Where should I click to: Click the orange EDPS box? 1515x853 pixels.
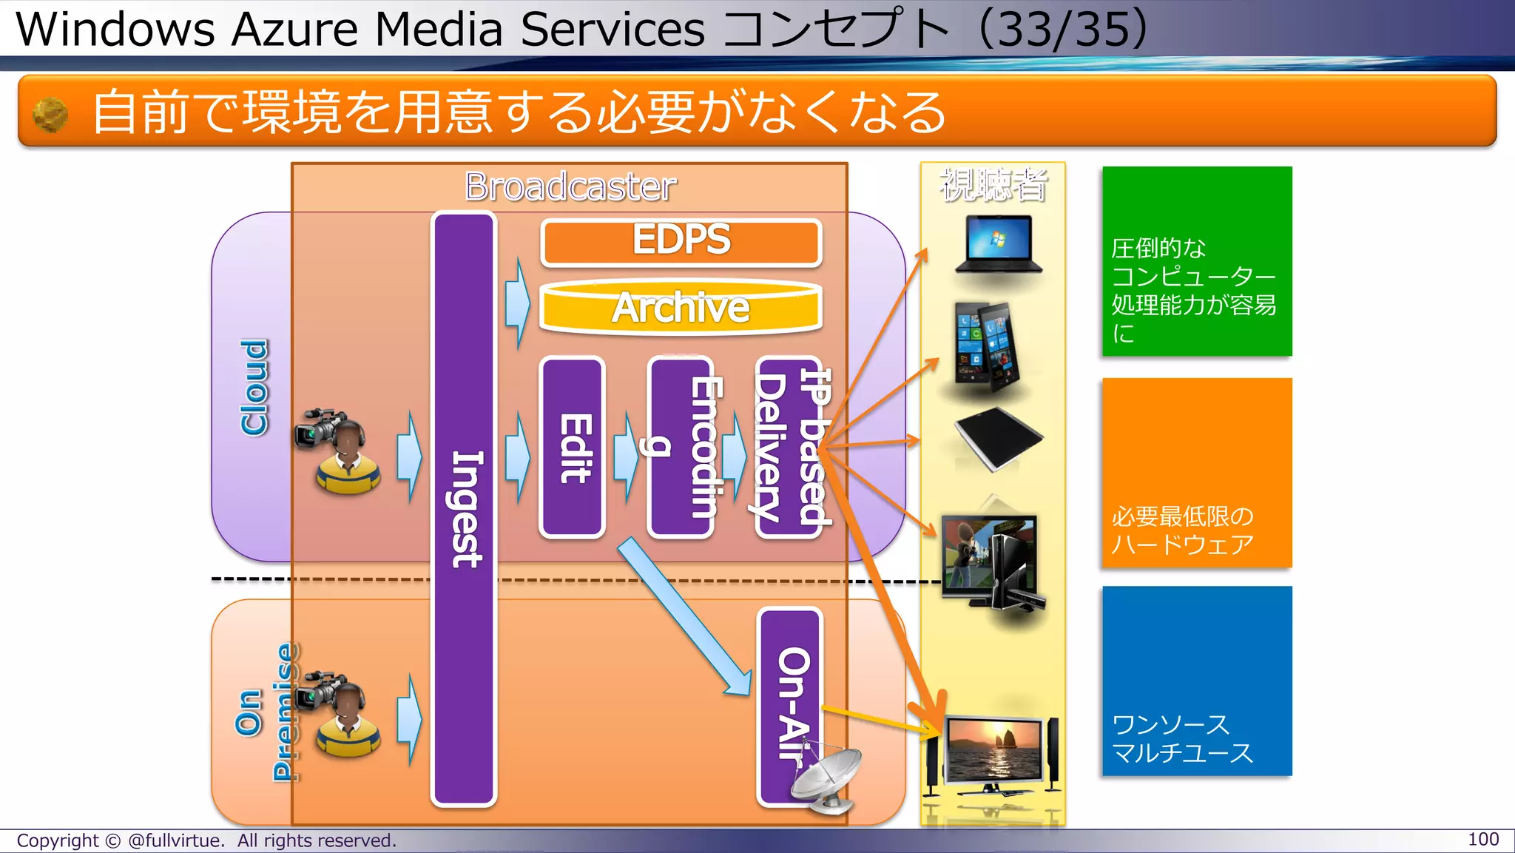pos(681,242)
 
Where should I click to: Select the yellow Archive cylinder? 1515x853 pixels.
pos(681,308)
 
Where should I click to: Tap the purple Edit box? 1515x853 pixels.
pos(573,447)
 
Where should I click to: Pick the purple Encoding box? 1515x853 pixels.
pos(681,447)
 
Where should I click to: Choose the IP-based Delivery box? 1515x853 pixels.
pos(789,447)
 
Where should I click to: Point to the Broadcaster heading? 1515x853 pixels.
pos(570,186)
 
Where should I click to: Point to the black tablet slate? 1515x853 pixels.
pos(998,438)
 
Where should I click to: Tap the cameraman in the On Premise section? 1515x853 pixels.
pos(340,713)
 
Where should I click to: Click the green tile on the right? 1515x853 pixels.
pos(1196,261)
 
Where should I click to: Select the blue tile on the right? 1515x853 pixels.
pos(1196,681)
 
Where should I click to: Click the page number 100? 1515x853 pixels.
pos(1482,840)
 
